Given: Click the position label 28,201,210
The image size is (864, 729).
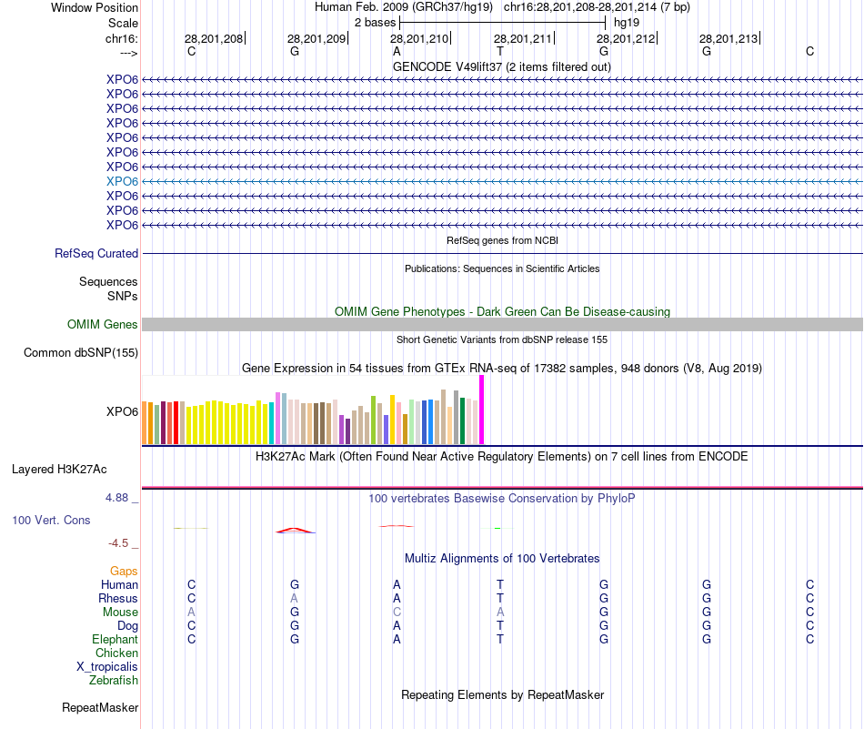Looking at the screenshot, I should coord(419,39).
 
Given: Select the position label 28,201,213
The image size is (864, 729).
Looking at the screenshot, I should coord(728,39).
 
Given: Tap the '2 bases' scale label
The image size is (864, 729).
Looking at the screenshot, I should coord(375,22).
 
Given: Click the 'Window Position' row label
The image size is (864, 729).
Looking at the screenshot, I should coord(95,7).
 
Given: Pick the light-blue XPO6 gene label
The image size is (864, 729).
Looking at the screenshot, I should coord(122,181).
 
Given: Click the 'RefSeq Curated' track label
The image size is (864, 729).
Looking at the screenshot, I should coord(96,254).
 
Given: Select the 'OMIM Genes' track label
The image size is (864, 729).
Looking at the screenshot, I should coord(103,325).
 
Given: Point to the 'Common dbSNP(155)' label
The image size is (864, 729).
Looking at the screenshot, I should coord(81,353).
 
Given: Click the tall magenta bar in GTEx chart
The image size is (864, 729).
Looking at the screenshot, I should coord(482,410).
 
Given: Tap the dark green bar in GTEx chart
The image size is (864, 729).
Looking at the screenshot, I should coord(463,420).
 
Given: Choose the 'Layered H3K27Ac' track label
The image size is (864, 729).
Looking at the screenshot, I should coord(59,470).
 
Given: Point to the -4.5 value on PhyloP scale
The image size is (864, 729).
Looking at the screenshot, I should coord(119,543).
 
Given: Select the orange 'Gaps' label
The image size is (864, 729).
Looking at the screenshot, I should coord(124,571).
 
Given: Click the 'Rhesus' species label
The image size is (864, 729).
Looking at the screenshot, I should coord(118,599).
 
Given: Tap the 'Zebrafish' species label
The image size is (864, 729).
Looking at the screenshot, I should coord(114,680).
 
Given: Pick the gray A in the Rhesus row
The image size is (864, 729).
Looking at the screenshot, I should coord(294,599).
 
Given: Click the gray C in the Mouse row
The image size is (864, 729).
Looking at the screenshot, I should coord(397,613).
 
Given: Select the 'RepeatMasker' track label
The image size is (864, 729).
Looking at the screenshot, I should coord(100,707).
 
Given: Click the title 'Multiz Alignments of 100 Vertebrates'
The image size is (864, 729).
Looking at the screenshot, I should coord(502,558).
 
